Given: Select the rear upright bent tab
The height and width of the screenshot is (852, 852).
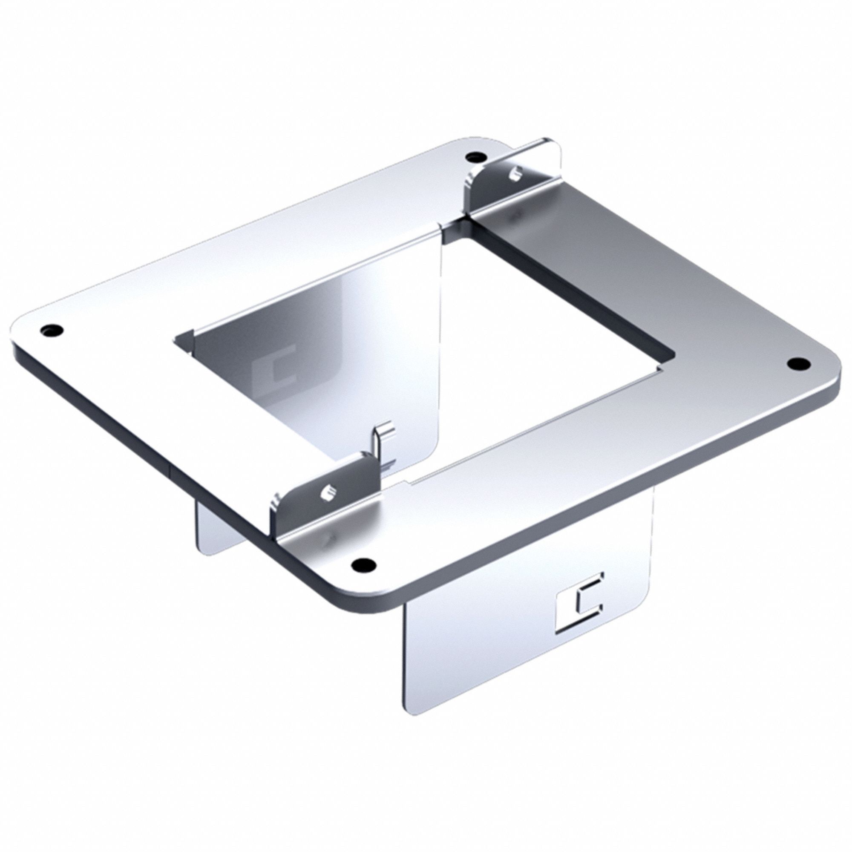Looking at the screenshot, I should [x=516, y=176].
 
